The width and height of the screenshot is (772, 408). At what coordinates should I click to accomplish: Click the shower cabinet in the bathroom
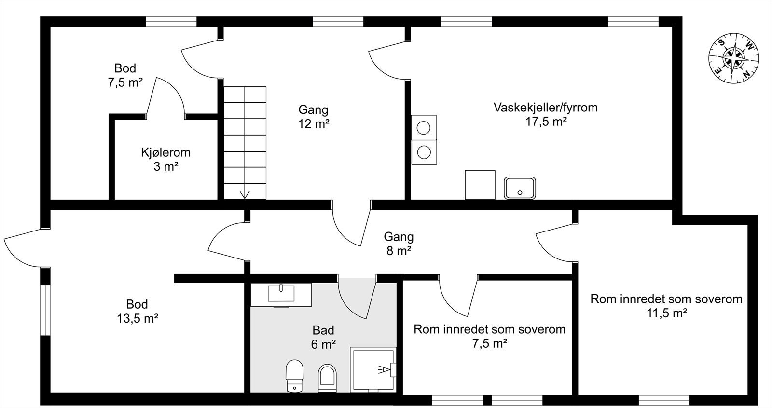pos(373,369)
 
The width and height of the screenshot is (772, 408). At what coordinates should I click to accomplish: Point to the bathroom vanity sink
pos(281,294)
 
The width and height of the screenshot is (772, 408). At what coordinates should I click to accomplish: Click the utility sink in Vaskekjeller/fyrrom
pos(520,188)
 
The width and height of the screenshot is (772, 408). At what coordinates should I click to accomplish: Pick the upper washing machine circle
pos(424,128)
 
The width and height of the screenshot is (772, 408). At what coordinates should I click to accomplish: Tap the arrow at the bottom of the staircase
pos(245,194)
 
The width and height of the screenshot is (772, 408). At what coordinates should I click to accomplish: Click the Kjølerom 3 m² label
pos(165,160)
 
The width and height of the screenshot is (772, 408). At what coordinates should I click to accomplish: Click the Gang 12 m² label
pos(313,117)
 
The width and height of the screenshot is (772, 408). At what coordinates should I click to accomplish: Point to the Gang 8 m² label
pos(399,244)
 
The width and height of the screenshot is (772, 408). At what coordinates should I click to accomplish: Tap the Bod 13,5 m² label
pos(137,311)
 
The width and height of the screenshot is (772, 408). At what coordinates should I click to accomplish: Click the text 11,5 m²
pos(666,313)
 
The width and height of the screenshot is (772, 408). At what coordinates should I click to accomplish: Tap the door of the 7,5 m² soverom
pos(456,297)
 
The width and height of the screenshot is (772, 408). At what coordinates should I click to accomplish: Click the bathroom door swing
pos(356,299)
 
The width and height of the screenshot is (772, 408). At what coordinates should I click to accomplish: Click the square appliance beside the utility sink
pos(480,184)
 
